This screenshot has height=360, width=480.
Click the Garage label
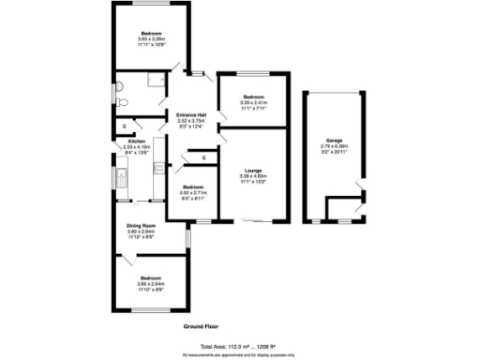(334, 139)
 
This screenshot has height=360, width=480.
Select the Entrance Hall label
(191, 115)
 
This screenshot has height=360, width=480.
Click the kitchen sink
(121, 174)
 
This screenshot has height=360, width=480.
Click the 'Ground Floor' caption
(202, 326)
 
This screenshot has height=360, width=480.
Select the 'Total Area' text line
(239, 347)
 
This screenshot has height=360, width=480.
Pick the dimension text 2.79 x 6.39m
(334, 145)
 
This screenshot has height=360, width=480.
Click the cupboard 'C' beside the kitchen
(126, 125)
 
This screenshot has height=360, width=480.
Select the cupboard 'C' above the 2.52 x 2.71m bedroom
(203, 157)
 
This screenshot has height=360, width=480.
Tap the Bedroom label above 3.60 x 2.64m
(151, 278)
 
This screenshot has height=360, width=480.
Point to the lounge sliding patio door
(258, 221)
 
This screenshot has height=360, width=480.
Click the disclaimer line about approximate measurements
(239, 354)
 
